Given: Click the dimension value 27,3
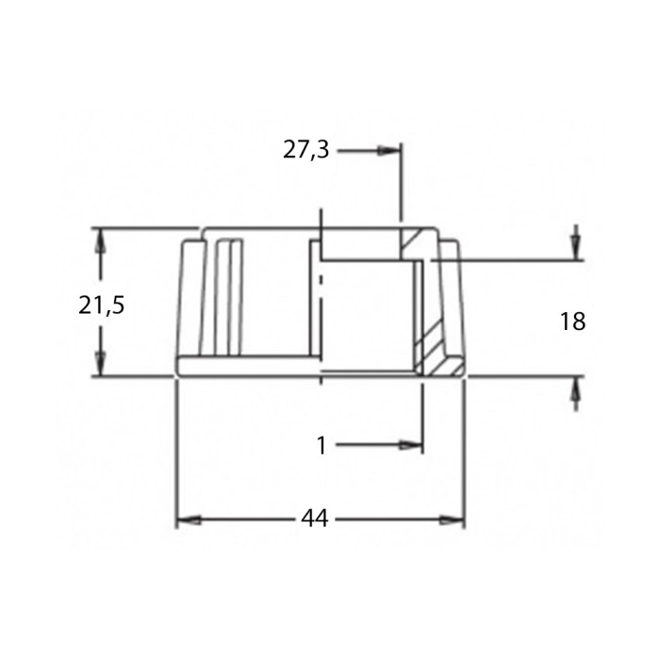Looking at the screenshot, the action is tap(305, 150).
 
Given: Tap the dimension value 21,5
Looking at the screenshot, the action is tap(102, 305).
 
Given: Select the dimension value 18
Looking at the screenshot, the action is tap(572, 322).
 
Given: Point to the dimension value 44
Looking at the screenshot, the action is tap(315, 519).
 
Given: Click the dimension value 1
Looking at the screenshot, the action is tap(322, 446).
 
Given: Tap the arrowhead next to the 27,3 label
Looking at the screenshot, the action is tap(388, 151).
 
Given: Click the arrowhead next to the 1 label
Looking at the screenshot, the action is tap(410, 445).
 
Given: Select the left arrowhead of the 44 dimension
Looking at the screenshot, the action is tap(189, 520).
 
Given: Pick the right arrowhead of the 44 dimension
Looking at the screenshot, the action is tap(452, 520).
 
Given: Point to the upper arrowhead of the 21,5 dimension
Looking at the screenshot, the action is tap(99, 240).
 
